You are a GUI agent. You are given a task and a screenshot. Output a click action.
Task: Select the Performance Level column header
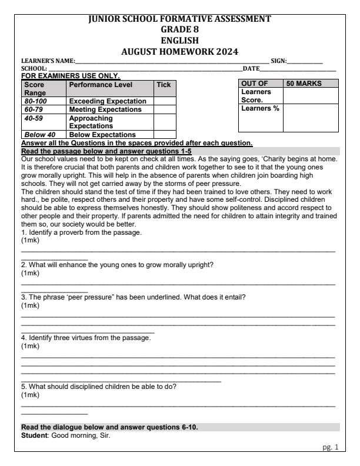pos(95,85)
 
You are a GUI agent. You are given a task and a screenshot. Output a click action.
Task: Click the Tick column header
pos(163,85)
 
